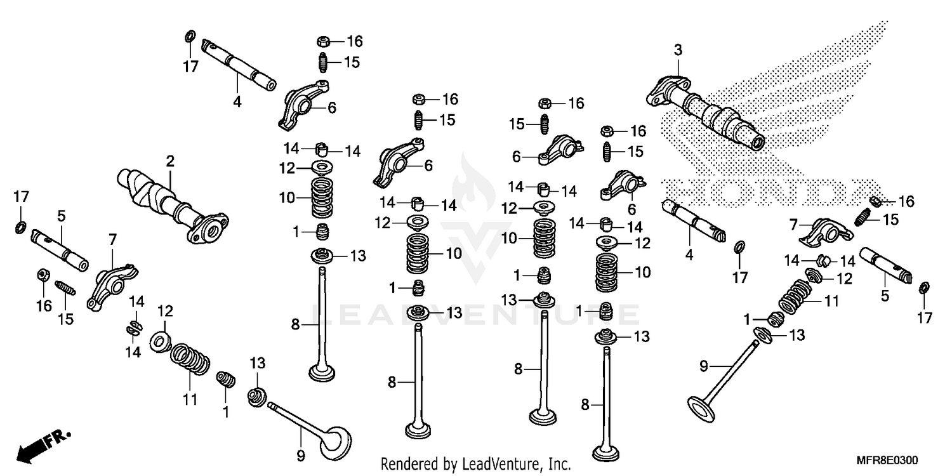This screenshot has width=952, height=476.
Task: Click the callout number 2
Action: pos(170,161)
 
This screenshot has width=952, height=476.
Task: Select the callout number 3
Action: pos(678,50)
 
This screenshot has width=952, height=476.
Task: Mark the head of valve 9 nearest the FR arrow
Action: pos(334,443)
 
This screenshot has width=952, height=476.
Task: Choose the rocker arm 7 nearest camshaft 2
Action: pos(109,285)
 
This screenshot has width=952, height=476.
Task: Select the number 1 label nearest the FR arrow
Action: pos(225,412)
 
